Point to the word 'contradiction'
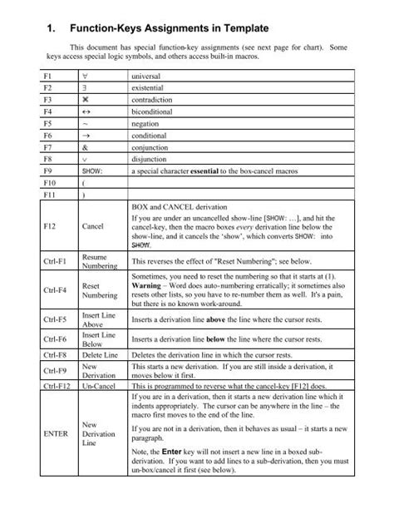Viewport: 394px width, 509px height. pyautogui.click(x=154, y=98)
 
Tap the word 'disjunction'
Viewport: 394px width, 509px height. pyautogui.click(x=150, y=156)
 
